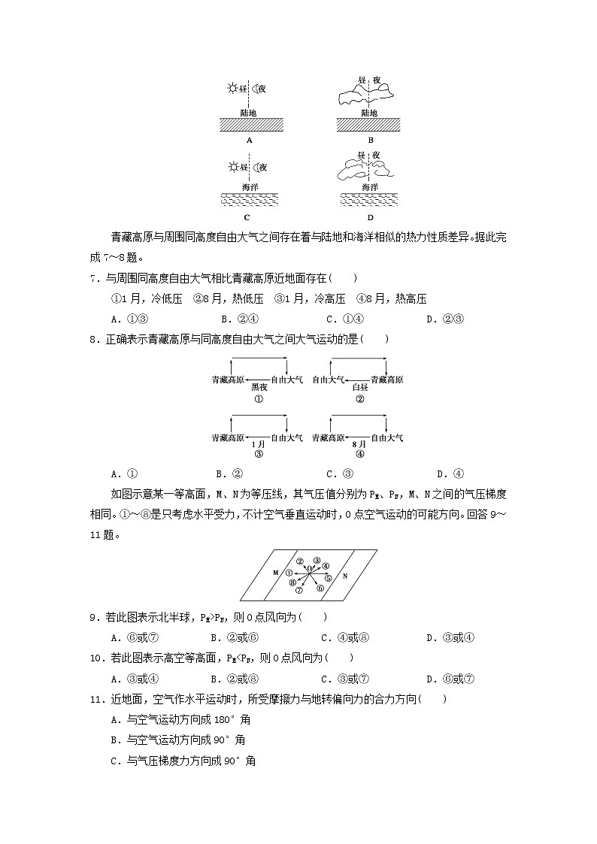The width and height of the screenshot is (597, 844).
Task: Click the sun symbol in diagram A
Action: pos(232,89)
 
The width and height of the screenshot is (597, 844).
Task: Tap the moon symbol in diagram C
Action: pos(256,167)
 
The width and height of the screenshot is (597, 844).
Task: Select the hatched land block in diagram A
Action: pos(250,125)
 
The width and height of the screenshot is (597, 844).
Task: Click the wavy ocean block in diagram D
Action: pos(369,199)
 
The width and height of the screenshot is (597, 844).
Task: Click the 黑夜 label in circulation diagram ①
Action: pos(259,388)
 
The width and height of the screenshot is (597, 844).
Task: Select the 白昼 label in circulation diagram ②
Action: pos(360,388)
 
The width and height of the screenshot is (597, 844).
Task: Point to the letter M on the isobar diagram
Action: pos(276,573)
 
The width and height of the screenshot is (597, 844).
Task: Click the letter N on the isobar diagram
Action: pos(344,576)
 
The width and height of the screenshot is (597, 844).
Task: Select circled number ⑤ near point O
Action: pos(329,578)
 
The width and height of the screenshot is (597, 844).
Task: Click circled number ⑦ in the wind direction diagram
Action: pos(298,591)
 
